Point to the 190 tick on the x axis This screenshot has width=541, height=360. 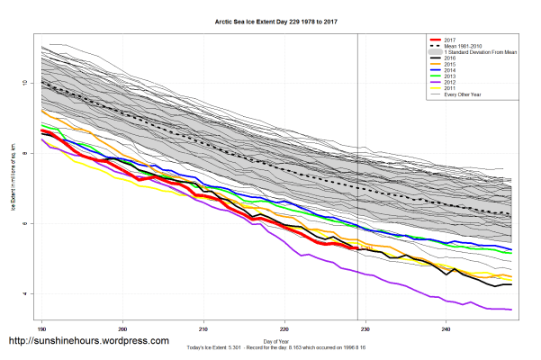pos(41,330)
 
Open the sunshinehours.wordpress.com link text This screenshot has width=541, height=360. pos(88,341)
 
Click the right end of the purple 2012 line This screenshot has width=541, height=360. pos(511,310)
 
